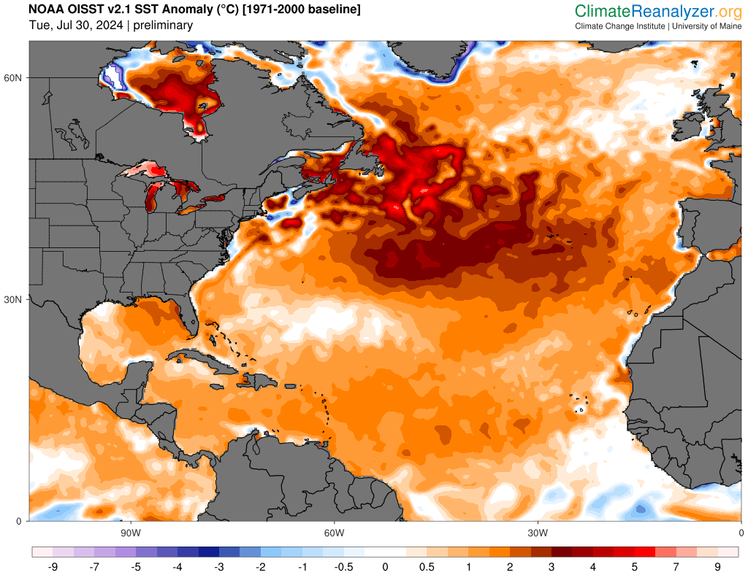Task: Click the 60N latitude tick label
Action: click(x=15, y=78)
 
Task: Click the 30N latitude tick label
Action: click(x=15, y=300)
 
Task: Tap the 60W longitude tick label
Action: click(x=334, y=532)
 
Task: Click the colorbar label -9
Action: click(x=53, y=566)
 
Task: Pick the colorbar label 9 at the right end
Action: click(x=718, y=566)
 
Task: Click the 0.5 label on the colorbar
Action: click(x=427, y=566)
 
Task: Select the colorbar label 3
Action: click(x=552, y=566)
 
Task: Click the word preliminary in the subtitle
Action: click(x=164, y=26)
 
